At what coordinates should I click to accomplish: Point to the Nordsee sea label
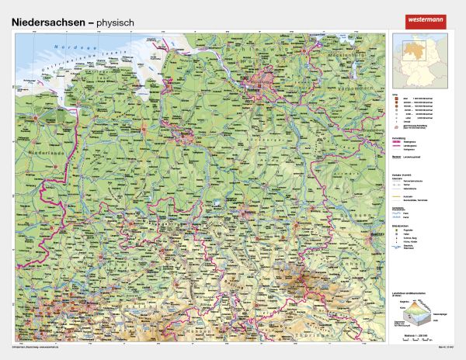pyautogui.click(x=68, y=47)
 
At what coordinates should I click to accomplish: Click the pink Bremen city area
pyautogui.click(x=185, y=137)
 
